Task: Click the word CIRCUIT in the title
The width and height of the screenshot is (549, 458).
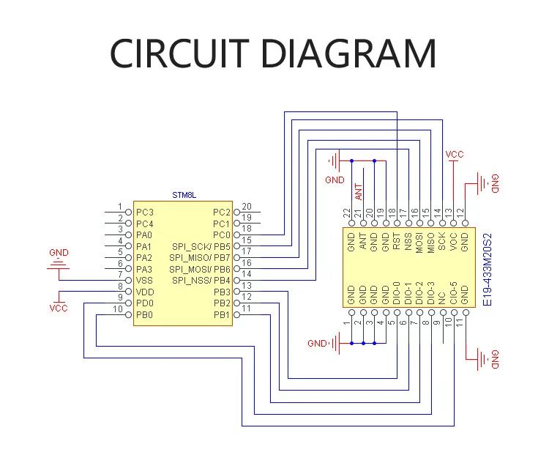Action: point(179,53)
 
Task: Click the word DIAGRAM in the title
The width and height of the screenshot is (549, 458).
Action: point(349,53)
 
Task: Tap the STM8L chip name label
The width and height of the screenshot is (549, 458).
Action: point(184,195)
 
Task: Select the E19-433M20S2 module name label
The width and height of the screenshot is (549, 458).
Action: point(488,270)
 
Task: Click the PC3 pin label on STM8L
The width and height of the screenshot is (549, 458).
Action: point(145,213)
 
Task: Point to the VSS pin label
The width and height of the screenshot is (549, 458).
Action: point(144,281)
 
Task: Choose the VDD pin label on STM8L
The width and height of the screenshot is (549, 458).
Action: point(145,292)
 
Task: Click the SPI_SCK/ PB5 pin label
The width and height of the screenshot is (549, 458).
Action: point(201,247)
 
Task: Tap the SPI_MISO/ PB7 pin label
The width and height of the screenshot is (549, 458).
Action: point(200,258)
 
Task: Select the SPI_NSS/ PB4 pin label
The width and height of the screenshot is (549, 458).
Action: point(201,281)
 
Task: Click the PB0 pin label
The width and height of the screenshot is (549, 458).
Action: point(144,314)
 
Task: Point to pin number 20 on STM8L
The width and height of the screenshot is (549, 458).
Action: point(247,207)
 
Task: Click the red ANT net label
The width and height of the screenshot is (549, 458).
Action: point(359,192)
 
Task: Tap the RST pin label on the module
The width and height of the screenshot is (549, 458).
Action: point(397,241)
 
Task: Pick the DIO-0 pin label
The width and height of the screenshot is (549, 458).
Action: point(397,293)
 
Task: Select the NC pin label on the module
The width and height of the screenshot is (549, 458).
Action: point(442,298)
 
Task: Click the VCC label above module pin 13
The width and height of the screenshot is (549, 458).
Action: point(455,155)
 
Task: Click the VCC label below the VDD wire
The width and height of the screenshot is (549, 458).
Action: point(59,309)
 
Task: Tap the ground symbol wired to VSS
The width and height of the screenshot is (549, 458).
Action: point(59,265)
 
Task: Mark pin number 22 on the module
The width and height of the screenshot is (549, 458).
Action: point(347,213)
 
